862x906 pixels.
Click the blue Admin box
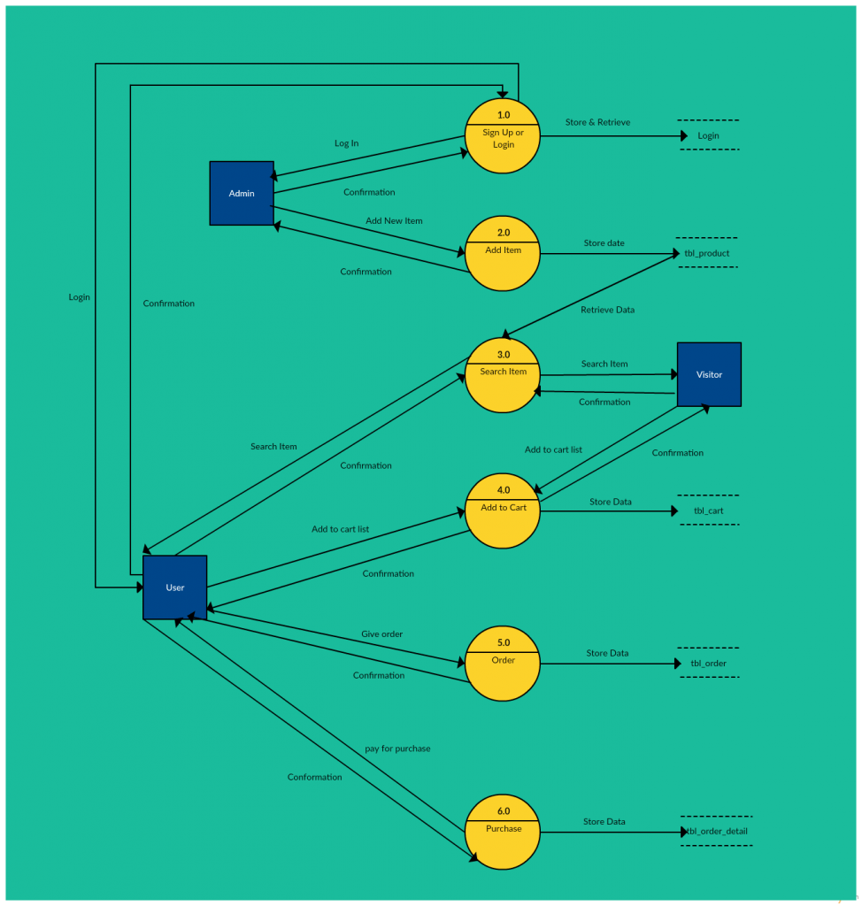(x=242, y=193)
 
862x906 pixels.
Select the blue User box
(x=175, y=587)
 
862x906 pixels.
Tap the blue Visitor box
(x=709, y=374)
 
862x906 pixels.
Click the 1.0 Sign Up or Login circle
(x=503, y=136)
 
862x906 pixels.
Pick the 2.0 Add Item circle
(x=503, y=254)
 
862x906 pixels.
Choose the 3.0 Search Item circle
(x=503, y=375)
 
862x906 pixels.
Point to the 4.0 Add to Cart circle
(x=503, y=511)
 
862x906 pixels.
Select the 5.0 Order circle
(x=503, y=664)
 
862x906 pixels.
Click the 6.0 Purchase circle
(x=503, y=832)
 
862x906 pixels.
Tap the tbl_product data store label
(x=707, y=253)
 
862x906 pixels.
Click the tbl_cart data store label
(x=708, y=511)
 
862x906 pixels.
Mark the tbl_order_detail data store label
(x=718, y=831)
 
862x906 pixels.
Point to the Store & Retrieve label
(x=597, y=122)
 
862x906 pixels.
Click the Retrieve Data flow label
(x=607, y=310)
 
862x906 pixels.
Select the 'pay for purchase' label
(x=397, y=749)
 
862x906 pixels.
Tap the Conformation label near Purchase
(x=314, y=777)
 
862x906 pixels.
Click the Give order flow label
(x=381, y=634)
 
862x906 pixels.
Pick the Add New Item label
(x=394, y=220)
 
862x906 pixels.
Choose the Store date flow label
(x=604, y=243)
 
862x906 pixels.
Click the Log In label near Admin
(x=346, y=143)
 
